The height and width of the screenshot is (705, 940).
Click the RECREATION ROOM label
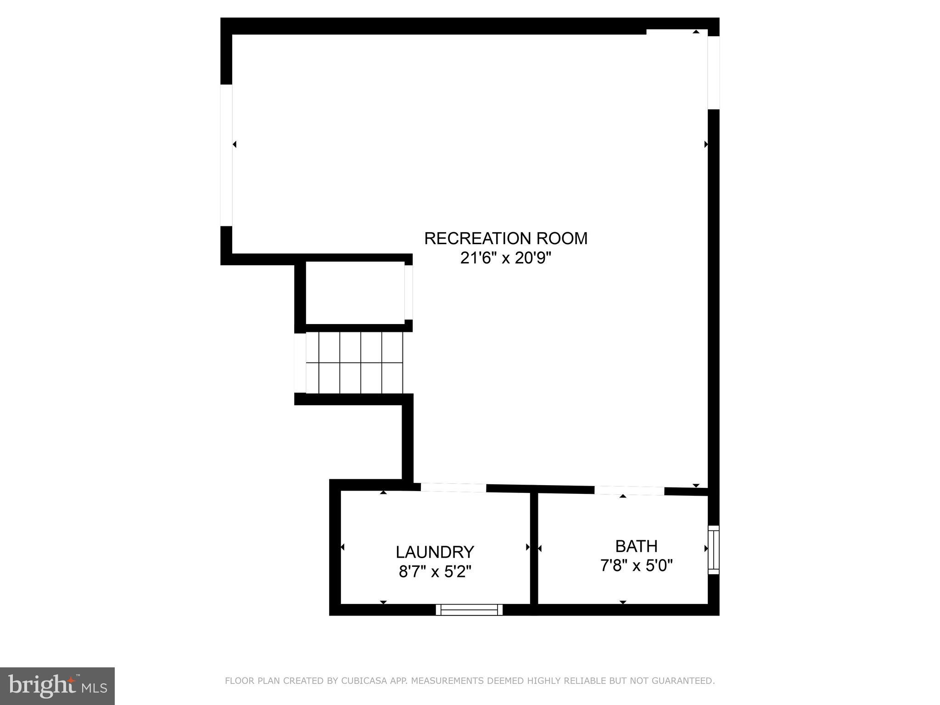click(505, 239)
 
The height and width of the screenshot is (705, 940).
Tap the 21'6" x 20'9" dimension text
click(505, 258)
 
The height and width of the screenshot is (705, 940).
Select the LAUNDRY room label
click(435, 552)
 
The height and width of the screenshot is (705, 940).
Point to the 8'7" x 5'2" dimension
click(435, 572)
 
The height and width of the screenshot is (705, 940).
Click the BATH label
click(636, 546)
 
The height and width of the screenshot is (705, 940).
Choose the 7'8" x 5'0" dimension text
click(636, 565)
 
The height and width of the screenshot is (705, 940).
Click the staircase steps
click(354, 363)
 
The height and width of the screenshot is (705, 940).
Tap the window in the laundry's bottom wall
click(469, 610)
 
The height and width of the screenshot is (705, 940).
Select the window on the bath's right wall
click(713, 549)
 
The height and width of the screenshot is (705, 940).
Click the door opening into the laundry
click(453, 488)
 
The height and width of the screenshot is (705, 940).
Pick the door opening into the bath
click(629, 491)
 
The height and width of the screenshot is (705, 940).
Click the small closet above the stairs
click(355, 293)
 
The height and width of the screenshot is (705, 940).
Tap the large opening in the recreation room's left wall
click(226, 155)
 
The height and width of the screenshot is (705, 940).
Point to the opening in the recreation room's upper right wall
click(713, 73)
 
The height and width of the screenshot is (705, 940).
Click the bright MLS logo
click(57, 686)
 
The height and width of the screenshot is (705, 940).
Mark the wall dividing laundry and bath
click(534, 548)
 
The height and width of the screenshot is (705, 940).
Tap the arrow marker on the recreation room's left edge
click(235, 145)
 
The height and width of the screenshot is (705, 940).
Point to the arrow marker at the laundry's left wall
click(342, 547)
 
